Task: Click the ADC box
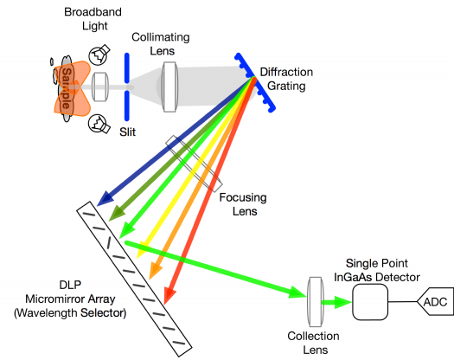pyautogui.click(x=436, y=302)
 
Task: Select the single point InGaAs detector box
pyautogui.click(x=370, y=302)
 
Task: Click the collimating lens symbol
pyautogui.click(x=169, y=87)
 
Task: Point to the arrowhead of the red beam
pyautogui.click(x=169, y=295)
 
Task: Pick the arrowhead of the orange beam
pyautogui.click(x=154, y=272)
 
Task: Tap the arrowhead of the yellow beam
pyautogui.click(x=142, y=250)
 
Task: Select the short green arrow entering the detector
pyautogui.click(x=336, y=302)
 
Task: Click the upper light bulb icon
pyautogui.click(x=99, y=55)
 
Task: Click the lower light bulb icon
pyautogui.click(x=99, y=124)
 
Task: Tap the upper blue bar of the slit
pyautogui.click(x=127, y=67)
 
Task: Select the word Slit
pyautogui.click(x=127, y=132)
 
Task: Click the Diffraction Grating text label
pyautogui.click(x=286, y=79)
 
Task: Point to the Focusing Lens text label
pyautogui.click(x=243, y=204)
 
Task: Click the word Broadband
pyautogui.click(x=93, y=12)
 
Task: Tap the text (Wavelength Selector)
pyautogui.click(x=70, y=313)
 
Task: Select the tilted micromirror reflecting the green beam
pyautogui.click(x=109, y=242)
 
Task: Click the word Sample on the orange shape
pyautogui.click(x=67, y=88)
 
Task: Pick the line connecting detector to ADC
pyautogui.click(x=402, y=302)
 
